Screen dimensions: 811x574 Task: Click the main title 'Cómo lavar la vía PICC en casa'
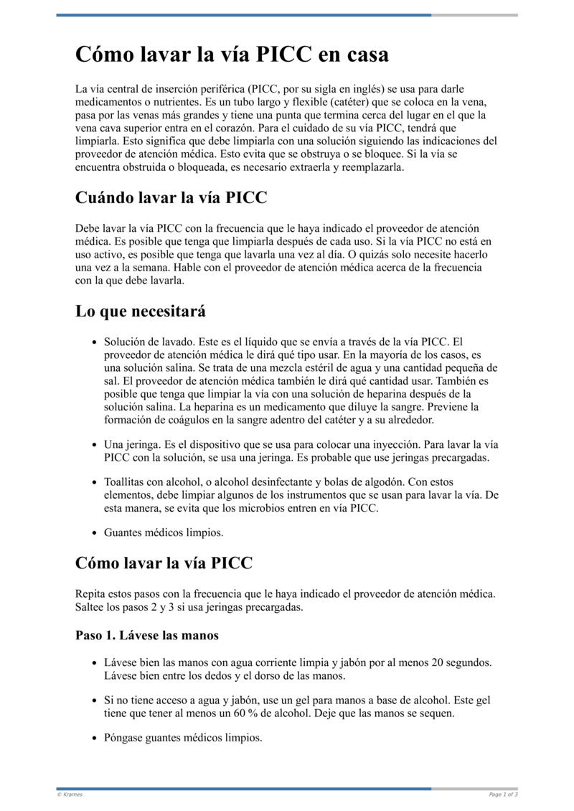click(232, 55)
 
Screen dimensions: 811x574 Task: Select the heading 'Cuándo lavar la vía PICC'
click(171, 197)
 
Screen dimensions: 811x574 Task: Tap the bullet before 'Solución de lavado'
click(94, 343)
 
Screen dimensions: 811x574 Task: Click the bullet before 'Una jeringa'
click(94, 445)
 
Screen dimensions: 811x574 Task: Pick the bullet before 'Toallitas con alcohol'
click(94, 483)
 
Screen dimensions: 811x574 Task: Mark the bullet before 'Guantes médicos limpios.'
click(94, 533)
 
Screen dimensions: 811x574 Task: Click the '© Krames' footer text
click(70, 794)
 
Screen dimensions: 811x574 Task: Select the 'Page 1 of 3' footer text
click(503, 794)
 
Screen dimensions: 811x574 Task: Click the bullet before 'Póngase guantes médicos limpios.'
click(94, 738)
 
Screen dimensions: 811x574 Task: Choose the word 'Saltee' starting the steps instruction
click(91, 606)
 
